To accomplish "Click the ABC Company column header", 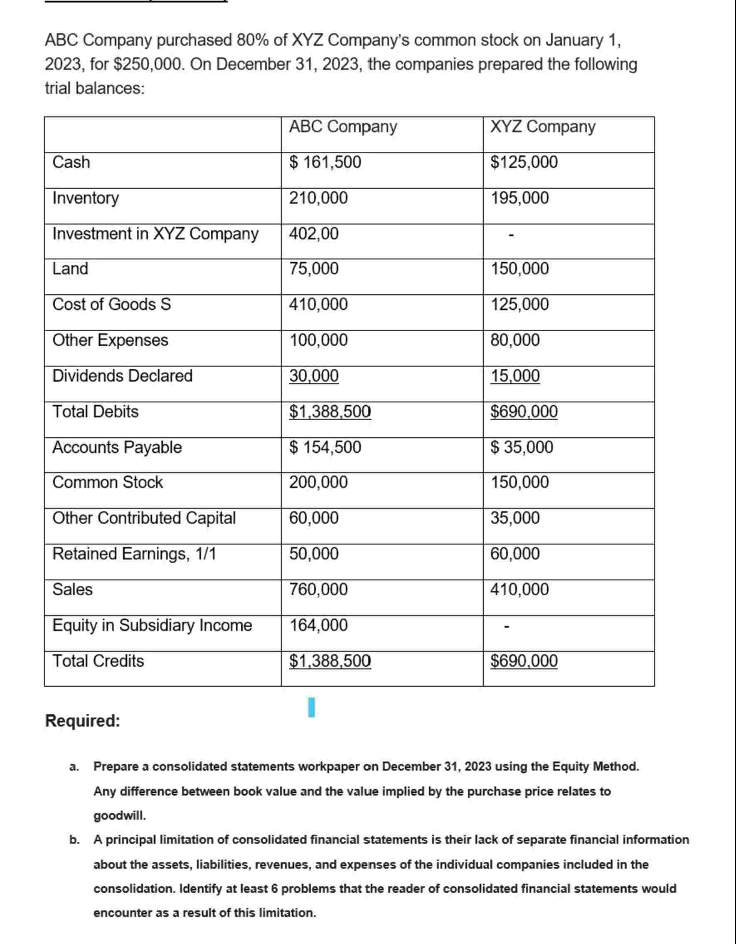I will tap(343, 127).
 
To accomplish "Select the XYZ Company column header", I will tap(543, 127).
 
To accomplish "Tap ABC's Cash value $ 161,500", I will tap(325, 162).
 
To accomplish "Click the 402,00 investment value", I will tap(314, 234).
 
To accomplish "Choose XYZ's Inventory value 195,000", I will tap(519, 198).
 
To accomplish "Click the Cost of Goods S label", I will tap(111, 304).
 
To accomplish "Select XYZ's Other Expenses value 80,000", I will tap(515, 340).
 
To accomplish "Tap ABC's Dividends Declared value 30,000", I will tap(314, 376).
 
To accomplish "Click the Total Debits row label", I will tap(96, 412).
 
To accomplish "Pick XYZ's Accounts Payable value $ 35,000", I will tap(522, 447).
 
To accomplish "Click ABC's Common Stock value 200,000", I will tap(318, 482).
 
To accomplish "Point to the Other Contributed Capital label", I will tap(144, 518).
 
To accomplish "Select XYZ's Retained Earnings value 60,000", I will tap(515, 554).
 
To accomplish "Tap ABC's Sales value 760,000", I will tap(318, 589).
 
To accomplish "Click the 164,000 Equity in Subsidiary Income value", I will tap(318, 625).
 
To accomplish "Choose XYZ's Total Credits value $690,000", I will tap(524, 661).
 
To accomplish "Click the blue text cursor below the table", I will tap(312, 707).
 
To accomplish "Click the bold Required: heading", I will tap(83, 721).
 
